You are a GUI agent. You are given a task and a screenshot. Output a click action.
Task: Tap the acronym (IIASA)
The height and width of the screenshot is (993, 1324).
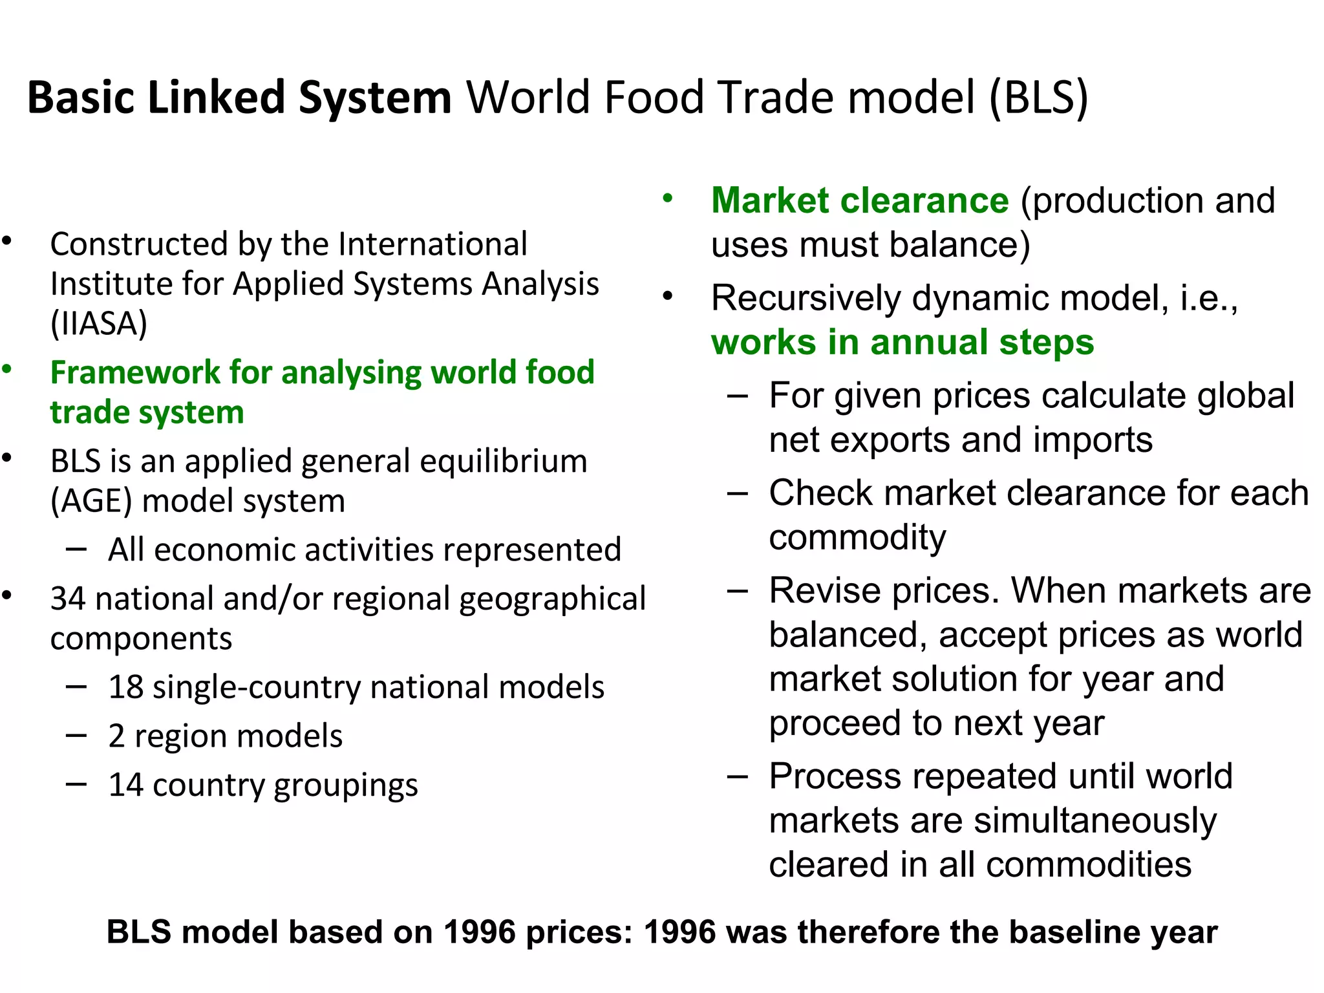(99, 323)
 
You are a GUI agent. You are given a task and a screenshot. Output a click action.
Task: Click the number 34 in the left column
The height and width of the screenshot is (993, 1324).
(68, 599)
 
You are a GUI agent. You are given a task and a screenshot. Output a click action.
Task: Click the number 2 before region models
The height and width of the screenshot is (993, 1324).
(116, 736)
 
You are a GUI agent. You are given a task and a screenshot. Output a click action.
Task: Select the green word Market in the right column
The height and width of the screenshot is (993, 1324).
(769, 200)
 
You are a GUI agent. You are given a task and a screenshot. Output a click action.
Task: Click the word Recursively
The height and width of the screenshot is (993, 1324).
(806, 298)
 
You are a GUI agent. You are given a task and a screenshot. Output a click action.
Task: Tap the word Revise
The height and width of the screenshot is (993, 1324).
(815, 591)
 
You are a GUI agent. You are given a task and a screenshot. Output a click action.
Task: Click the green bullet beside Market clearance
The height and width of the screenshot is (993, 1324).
(668, 198)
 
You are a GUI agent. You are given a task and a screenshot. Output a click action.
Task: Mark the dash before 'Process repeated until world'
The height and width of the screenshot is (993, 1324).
(737, 776)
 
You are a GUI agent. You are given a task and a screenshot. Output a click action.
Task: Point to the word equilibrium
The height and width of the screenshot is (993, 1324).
(504, 462)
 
